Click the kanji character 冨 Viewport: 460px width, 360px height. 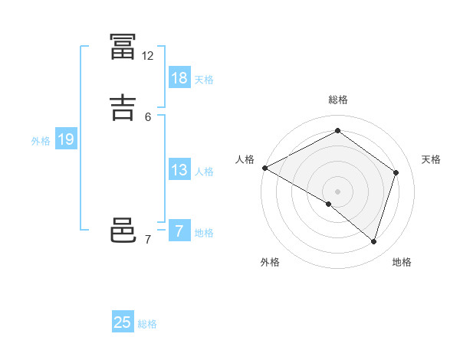click(123, 46)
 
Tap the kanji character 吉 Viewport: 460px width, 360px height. click(123, 106)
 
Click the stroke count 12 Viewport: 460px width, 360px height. click(148, 56)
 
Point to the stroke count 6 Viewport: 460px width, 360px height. click(148, 116)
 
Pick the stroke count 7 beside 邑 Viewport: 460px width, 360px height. click(148, 240)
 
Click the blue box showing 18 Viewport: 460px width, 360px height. click(179, 78)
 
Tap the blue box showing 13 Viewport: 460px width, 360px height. click(179, 171)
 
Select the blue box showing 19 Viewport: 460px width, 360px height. click(65, 140)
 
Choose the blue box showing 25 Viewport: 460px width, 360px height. click(123, 322)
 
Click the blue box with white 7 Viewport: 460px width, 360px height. click(179, 231)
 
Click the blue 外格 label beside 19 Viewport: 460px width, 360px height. click(41, 141)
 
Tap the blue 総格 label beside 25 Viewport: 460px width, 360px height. click(147, 324)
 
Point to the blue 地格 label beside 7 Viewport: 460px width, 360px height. click(204, 233)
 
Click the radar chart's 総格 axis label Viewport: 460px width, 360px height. click(338, 100)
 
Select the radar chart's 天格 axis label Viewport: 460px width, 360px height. click(432, 159)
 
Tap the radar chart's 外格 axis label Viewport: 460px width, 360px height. click(270, 263)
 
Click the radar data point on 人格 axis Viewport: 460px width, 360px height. click(264, 167)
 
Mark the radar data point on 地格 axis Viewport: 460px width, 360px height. click(374, 242)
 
